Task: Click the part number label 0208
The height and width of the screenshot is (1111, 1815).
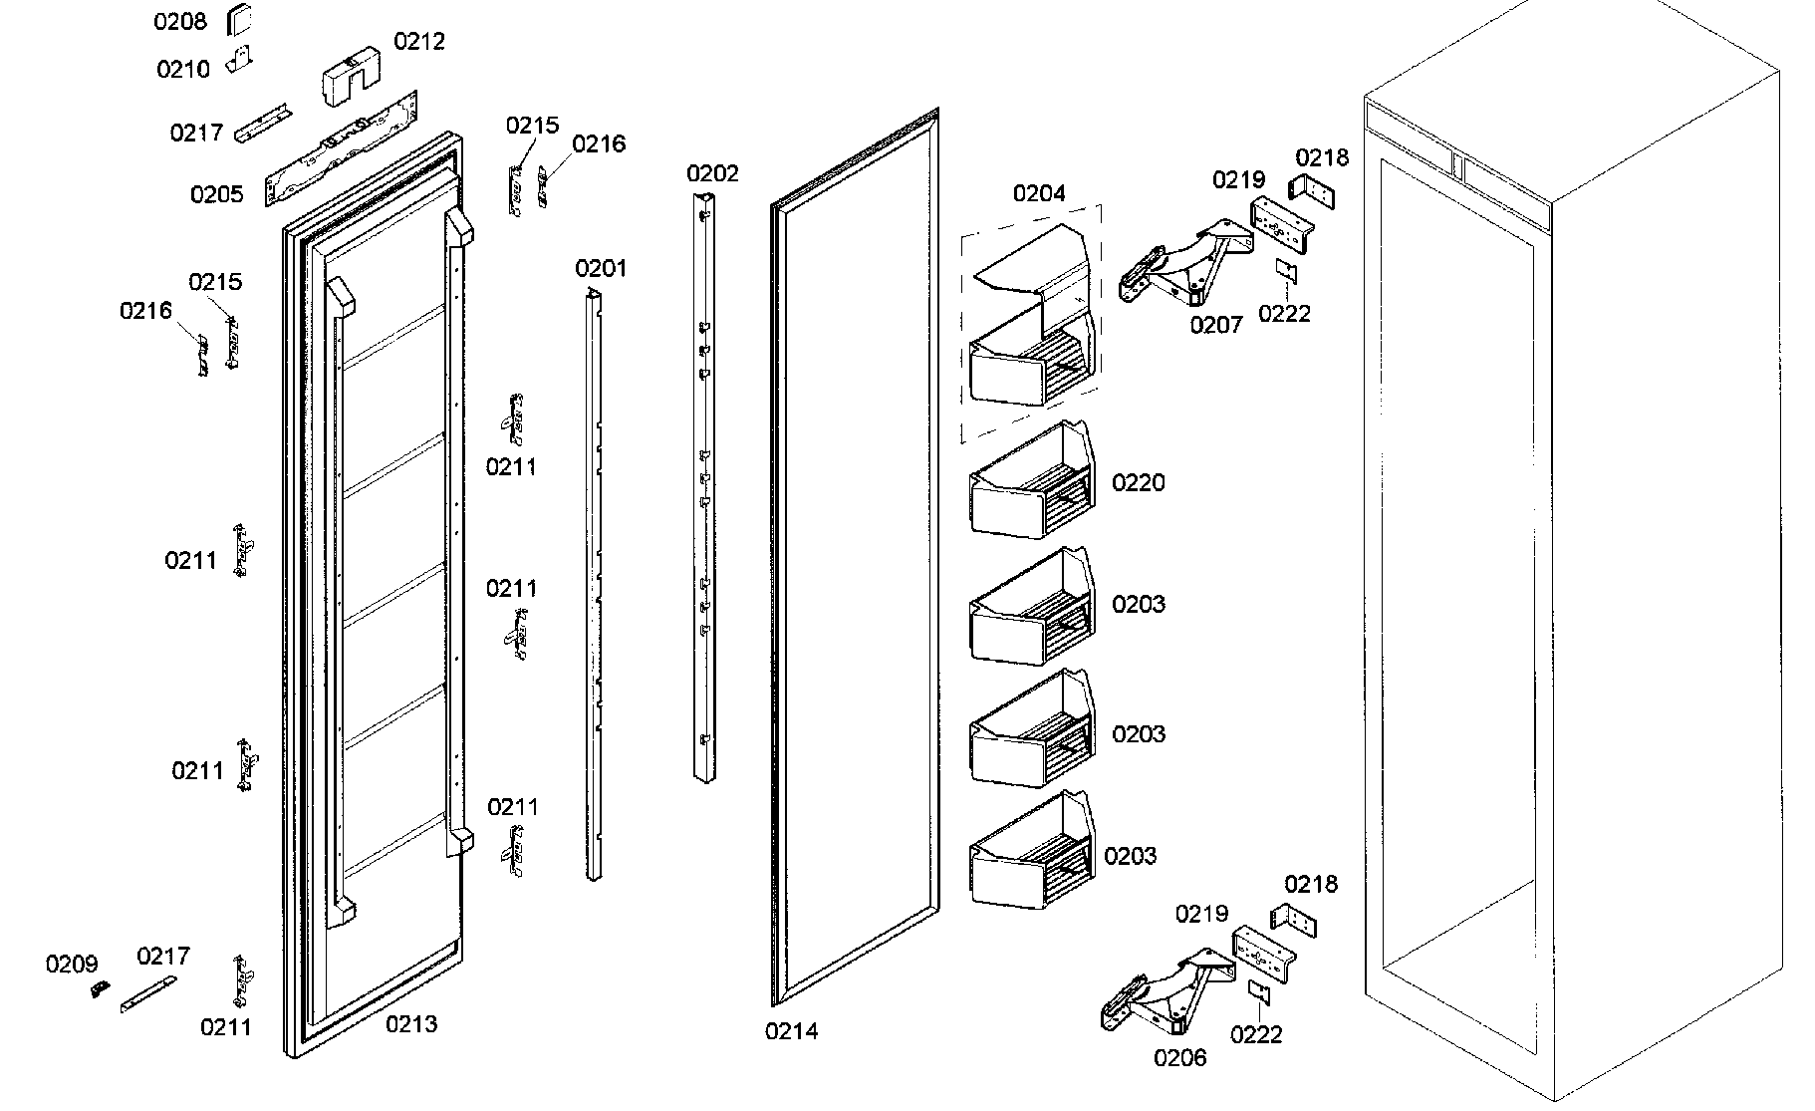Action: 179,22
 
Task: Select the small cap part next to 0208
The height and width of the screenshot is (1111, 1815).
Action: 240,18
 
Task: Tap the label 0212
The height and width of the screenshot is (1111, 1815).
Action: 419,42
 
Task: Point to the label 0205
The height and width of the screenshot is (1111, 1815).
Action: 217,194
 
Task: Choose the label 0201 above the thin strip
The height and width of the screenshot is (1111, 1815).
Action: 601,268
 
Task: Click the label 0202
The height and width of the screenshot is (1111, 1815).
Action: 712,173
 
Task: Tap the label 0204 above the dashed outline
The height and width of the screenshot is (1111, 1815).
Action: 1039,193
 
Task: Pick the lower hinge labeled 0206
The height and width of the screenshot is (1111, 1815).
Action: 1166,991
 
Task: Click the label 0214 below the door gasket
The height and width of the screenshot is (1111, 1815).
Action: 792,1031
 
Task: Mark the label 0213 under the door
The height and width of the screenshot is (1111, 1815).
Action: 411,1023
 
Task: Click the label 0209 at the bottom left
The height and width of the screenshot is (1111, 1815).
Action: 72,964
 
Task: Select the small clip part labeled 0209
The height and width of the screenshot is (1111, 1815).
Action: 101,988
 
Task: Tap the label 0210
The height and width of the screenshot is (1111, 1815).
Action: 183,69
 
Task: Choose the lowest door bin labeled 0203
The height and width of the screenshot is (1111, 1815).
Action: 1031,850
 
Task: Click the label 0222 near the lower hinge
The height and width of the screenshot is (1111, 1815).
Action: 1256,1035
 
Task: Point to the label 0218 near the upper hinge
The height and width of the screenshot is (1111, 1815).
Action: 1322,157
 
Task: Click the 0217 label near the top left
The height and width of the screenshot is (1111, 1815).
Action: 196,133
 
